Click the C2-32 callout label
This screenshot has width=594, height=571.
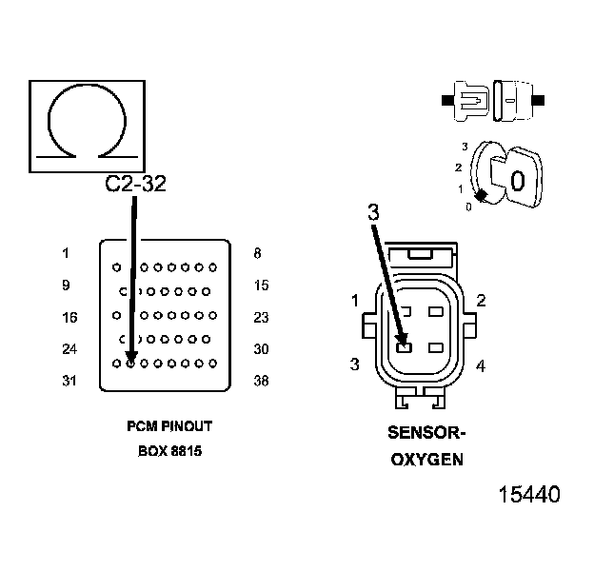[135, 184]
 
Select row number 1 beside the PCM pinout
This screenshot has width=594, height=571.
[66, 253]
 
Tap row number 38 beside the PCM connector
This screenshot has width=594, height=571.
[261, 381]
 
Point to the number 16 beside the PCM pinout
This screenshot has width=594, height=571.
[69, 317]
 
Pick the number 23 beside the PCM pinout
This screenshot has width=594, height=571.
[261, 317]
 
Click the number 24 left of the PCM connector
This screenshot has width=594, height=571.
[69, 349]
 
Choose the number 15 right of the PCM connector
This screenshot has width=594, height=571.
[261, 285]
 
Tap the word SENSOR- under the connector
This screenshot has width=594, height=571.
[427, 433]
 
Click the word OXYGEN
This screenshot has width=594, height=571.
[427, 460]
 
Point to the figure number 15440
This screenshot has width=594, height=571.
[529, 495]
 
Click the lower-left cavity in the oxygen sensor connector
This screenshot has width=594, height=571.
[404, 347]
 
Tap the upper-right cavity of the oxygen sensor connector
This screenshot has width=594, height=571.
[436, 311]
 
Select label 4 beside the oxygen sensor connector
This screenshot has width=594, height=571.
[481, 365]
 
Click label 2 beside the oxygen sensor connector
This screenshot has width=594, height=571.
[481, 301]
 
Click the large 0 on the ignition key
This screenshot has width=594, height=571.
[517, 179]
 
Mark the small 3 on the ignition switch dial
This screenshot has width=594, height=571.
[465, 147]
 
